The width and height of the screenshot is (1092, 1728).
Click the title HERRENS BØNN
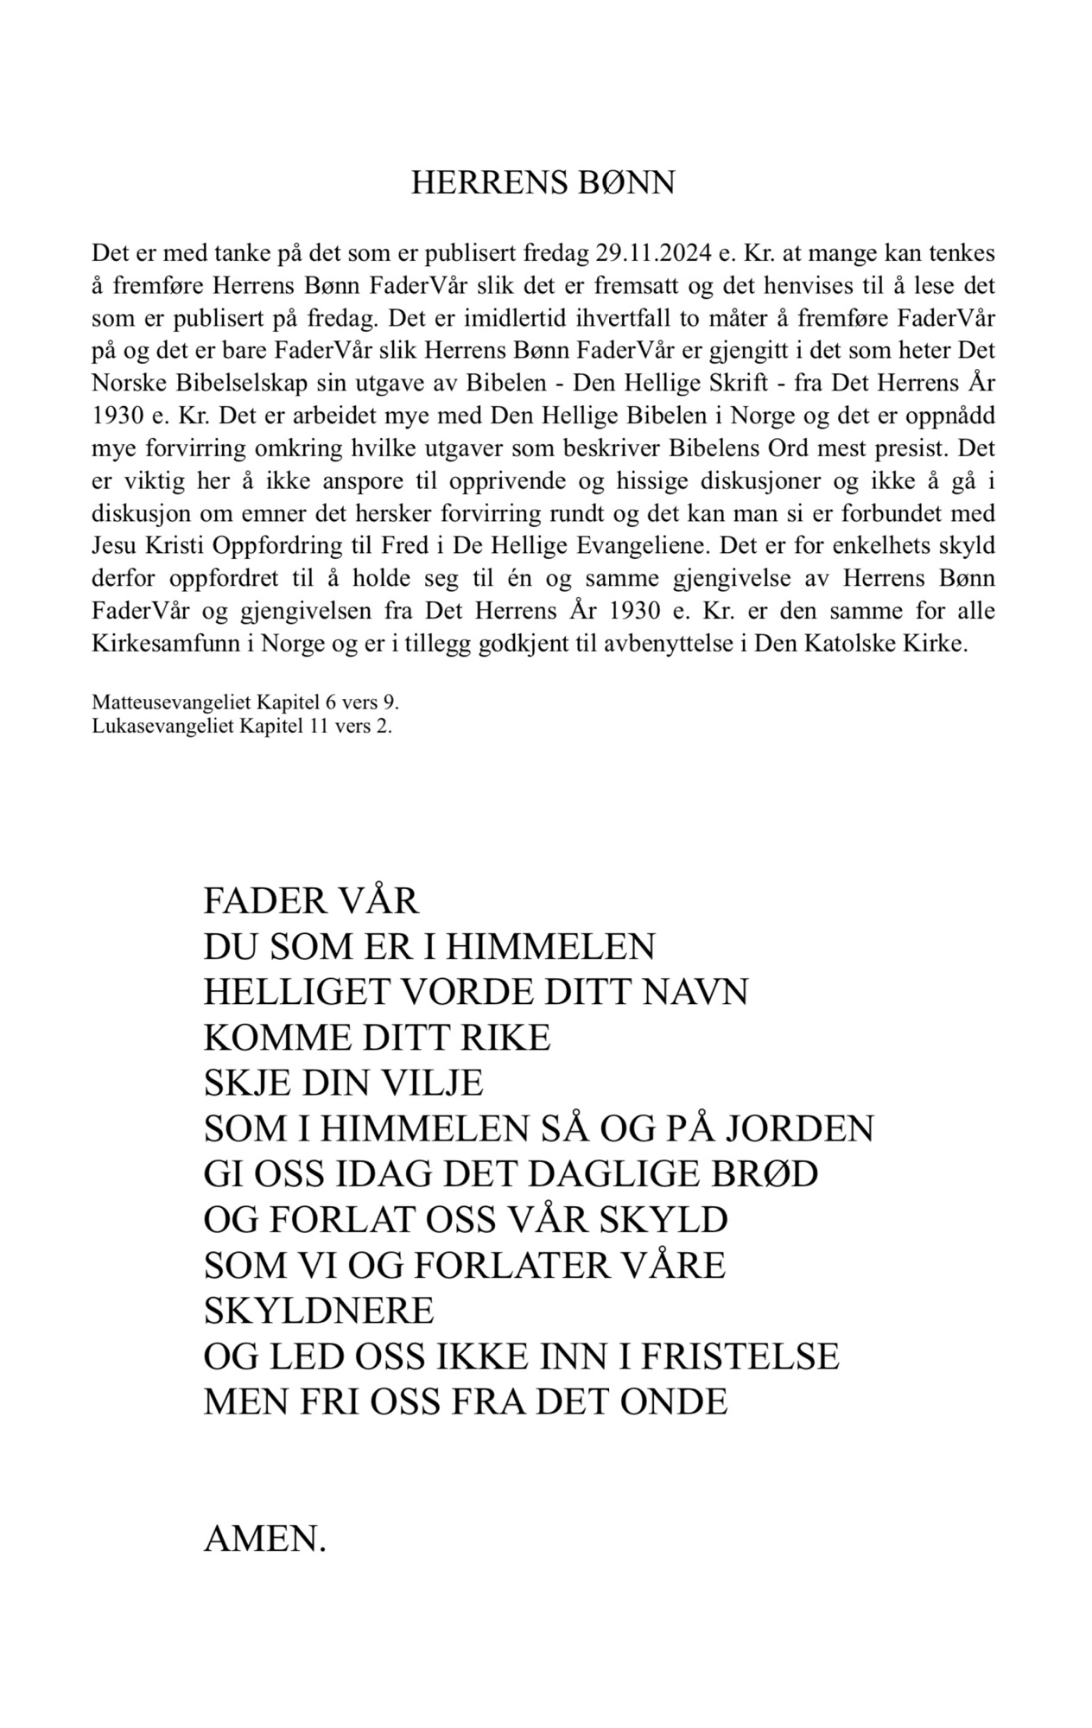[x=543, y=184]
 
